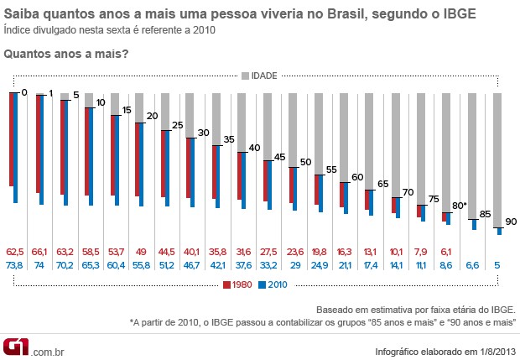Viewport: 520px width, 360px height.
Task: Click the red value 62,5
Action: click(15, 250)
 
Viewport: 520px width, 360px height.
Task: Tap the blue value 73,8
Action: click(15, 265)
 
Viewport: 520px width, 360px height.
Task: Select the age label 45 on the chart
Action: click(280, 157)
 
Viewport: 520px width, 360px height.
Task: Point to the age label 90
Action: click(511, 222)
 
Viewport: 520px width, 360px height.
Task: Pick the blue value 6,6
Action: click(472, 265)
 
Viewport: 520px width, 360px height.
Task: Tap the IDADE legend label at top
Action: click(263, 76)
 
